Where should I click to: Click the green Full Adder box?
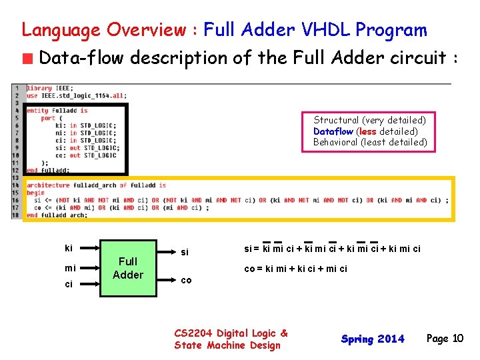pyautogui.click(x=128, y=268)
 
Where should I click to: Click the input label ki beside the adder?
pyautogui.click(x=69, y=248)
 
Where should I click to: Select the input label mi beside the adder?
pyautogui.click(x=70, y=268)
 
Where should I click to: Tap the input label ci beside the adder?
pyautogui.click(x=69, y=285)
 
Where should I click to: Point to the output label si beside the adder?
pyautogui.click(x=185, y=252)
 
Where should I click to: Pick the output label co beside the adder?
pyautogui.click(x=186, y=280)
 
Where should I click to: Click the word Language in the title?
pyautogui.click(x=61, y=30)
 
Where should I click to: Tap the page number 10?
pyautogui.click(x=457, y=339)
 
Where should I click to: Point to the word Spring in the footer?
pyautogui.click(x=356, y=339)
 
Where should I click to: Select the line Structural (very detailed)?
pyautogui.click(x=369, y=120)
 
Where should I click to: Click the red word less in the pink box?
pyautogui.click(x=367, y=131)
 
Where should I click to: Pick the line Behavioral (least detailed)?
pyautogui.click(x=369, y=142)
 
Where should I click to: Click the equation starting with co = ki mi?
pyautogui.click(x=295, y=269)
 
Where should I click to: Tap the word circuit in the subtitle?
pyautogui.click(x=416, y=59)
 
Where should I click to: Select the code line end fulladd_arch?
pyautogui.click(x=57, y=215)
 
